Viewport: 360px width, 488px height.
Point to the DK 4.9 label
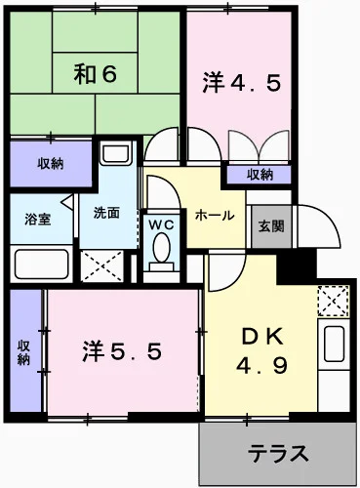pos(261,351)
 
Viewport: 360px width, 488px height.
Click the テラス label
pos(277,453)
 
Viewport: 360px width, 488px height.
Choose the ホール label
pos(214,215)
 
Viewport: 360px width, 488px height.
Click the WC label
pos(161,224)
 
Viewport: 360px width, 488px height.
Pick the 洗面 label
pos(106,213)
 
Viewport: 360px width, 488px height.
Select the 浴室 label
pos(37,220)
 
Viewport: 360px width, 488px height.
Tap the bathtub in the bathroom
pos(41,264)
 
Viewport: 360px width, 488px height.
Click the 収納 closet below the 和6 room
pos(51,163)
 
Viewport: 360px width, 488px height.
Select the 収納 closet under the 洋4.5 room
pos(260,175)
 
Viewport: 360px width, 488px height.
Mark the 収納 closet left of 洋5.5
pos(23,351)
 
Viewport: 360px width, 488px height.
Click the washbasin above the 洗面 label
pos(116,155)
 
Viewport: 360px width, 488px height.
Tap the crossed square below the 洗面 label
pos(103,264)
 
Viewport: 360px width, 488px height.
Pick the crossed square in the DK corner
pos(334,300)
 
